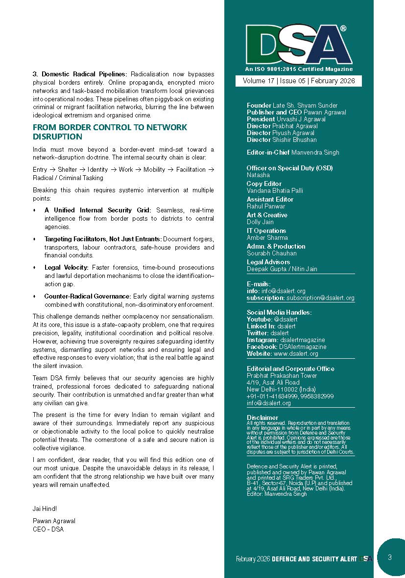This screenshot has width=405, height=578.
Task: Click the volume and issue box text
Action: coord(299,81)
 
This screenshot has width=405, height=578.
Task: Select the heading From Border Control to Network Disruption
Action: coord(110,132)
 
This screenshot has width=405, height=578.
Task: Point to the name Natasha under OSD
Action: coord(258,175)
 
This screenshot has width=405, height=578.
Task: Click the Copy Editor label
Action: coord(264,184)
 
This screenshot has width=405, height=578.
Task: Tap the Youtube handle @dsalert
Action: coord(286,319)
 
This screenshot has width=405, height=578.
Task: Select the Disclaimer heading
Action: coord(262,418)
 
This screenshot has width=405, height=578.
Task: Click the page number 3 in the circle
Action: coord(389,557)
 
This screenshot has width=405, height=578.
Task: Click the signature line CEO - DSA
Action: coord(48,529)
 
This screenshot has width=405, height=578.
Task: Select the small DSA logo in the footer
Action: coord(365,559)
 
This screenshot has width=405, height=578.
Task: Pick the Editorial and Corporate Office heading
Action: coord(290,369)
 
